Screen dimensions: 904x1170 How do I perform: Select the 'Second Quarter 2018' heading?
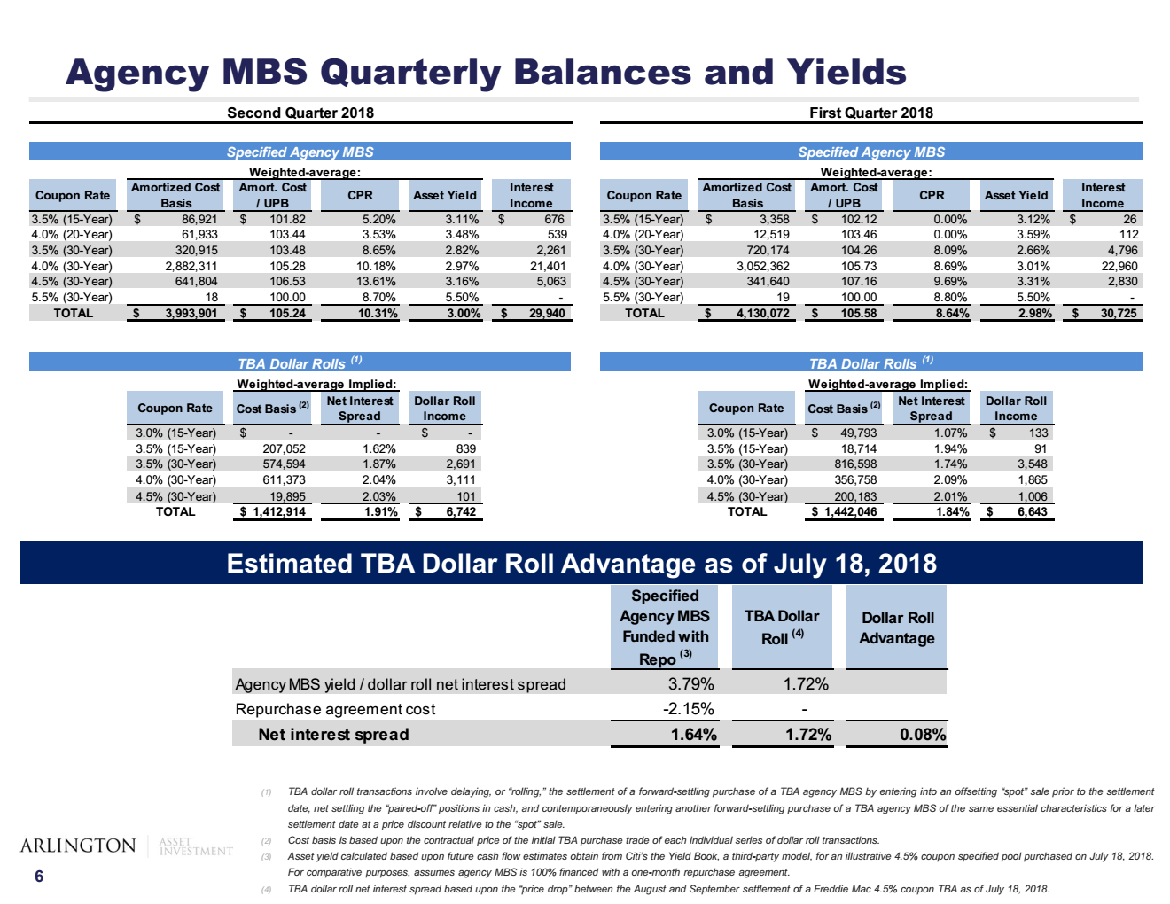click(x=300, y=113)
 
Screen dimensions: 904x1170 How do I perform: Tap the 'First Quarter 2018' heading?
click(x=870, y=113)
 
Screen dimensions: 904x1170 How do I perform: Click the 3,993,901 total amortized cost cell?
click(x=191, y=313)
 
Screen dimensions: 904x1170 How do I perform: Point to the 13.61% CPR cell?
click(x=376, y=282)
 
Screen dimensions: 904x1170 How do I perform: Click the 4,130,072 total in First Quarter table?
click(x=762, y=313)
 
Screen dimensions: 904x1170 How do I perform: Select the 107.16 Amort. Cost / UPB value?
click(x=859, y=282)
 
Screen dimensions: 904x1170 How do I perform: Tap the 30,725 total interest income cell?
click(x=1118, y=313)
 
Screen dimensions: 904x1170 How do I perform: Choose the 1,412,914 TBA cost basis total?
click(x=278, y=511)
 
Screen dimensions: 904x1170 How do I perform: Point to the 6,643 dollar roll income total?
click(x=1032, y=511)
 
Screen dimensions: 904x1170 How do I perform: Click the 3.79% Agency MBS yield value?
click(x=690, y=684)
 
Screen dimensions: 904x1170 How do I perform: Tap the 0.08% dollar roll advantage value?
click(x=922, y=734)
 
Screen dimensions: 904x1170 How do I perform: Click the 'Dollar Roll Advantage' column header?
click(x=897, y=627)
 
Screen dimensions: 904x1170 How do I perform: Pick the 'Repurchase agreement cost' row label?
click(x=335, y=709)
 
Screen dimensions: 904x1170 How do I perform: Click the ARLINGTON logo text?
click(x=78, y=846)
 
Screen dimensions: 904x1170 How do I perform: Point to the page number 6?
click(x=39, y=877)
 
